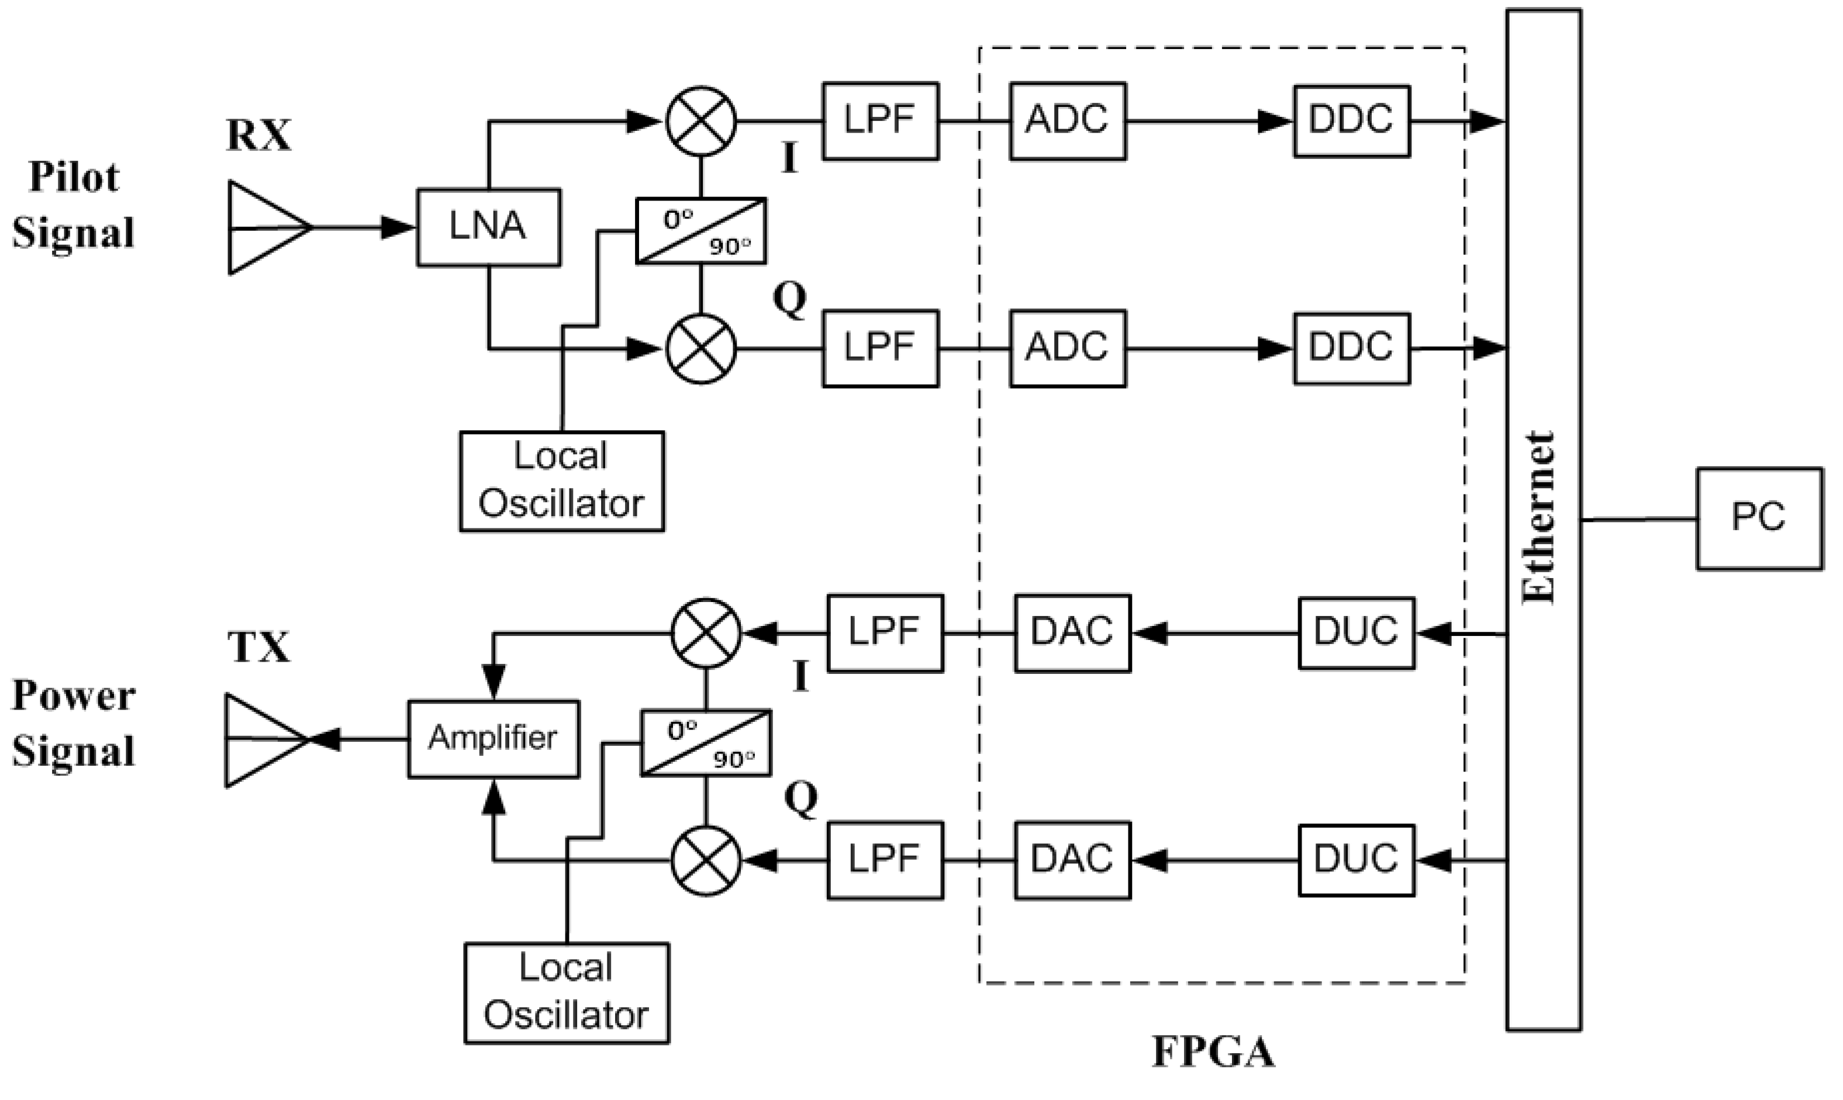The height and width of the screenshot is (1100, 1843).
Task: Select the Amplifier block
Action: (493, 738)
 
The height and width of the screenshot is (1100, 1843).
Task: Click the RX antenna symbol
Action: (267, 227)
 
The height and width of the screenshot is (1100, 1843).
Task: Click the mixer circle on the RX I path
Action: (700, 121)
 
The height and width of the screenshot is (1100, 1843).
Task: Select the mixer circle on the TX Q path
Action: (705, 860)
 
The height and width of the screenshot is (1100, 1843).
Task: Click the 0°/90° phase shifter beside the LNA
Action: (700, 230)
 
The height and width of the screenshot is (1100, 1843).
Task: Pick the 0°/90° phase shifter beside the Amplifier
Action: (705, 743)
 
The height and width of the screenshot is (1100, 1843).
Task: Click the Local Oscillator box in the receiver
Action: (561, 480)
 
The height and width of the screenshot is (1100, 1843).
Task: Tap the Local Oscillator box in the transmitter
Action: (567, 992)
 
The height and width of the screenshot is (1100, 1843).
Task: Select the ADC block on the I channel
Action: (1067, 121)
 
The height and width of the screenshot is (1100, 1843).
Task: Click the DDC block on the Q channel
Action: (1351, 348)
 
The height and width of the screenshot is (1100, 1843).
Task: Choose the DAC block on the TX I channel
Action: (1072, 633)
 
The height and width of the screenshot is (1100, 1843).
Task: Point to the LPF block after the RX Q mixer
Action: (880, 348)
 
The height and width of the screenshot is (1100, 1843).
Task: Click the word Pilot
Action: (74, 178)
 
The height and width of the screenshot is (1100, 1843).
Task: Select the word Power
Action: (74, 696)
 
